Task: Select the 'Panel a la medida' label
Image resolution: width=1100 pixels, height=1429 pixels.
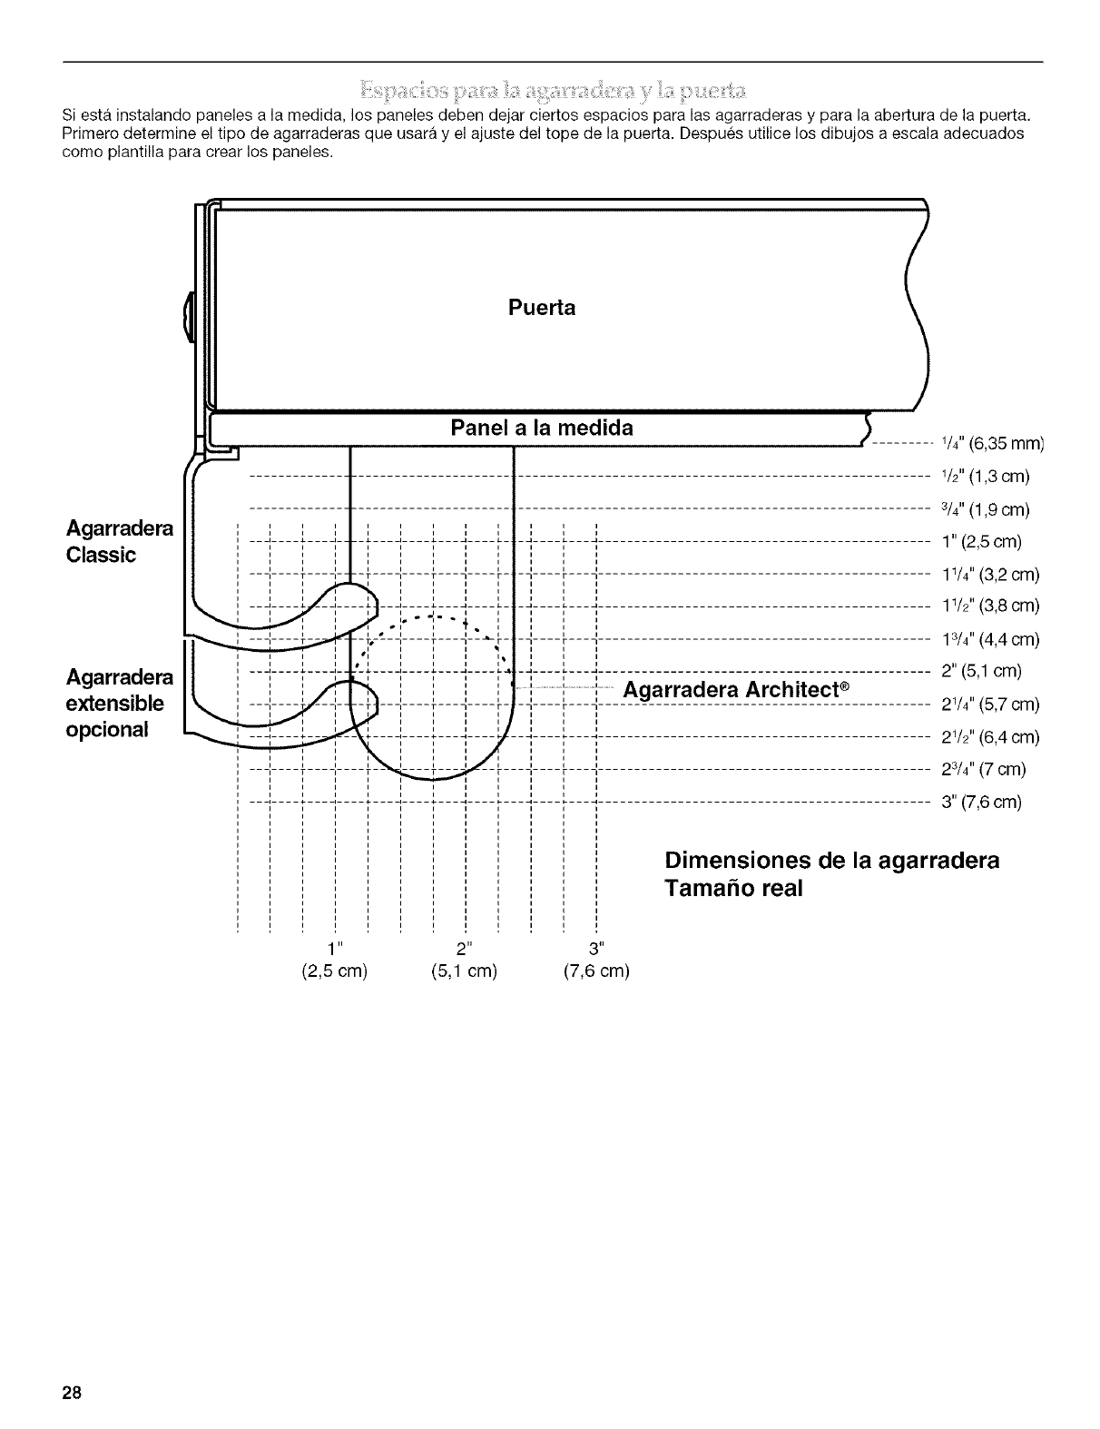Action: pos(542,428)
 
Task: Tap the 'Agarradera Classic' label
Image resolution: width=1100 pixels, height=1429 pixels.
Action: pos(119,541)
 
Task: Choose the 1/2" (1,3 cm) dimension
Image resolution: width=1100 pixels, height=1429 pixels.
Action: pos(986,477)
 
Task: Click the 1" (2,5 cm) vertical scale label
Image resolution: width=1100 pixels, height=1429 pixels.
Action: pos(982,542)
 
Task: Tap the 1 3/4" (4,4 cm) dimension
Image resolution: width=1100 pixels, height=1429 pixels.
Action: pos(990,639)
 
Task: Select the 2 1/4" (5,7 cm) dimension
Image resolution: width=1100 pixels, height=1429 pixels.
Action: pos(990,705)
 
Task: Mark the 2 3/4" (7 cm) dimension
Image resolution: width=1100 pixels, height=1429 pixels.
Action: pos(984,770)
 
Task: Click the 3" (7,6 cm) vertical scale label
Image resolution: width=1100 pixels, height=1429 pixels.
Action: pos(982,803)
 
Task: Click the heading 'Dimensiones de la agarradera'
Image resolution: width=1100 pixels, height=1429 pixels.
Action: pos(831,860)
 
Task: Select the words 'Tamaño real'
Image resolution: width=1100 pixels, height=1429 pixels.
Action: pos(733,889)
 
